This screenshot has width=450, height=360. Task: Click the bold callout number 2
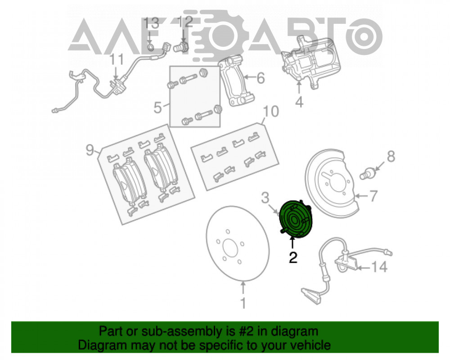293,257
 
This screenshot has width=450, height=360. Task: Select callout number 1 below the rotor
243,303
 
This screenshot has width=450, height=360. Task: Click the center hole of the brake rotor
230,248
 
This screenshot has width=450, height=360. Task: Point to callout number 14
379,267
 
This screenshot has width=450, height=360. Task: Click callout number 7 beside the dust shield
373,196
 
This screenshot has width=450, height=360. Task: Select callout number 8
391,157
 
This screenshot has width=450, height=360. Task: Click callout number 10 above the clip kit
270,112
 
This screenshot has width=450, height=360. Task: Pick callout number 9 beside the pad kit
90,150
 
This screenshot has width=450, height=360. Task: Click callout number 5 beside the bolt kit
158,108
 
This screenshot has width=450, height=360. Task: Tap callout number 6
261,78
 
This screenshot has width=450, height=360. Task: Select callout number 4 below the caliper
299,102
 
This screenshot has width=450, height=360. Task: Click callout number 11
117,59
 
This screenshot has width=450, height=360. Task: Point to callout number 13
151,23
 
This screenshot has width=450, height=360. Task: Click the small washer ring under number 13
150,47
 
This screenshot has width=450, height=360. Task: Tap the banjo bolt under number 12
180,47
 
